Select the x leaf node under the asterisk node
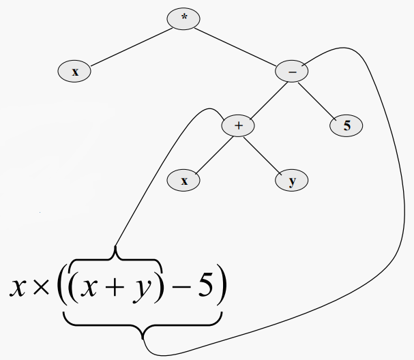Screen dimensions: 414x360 (x=75, y=71)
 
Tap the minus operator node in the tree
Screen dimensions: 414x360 (x=292, y=71)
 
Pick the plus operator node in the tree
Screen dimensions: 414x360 (x=238, y=126)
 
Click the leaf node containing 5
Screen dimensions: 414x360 (x=347, y=126)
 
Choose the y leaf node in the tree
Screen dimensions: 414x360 (x=292, y=181)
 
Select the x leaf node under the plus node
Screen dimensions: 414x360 (x=183, y=181)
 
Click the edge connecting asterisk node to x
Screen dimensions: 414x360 (x=130, y=45)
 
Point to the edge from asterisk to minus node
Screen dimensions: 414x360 (x=238, y=45)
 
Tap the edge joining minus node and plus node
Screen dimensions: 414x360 (x=265, y=98)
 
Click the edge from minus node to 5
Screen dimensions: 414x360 (x=319, y=98)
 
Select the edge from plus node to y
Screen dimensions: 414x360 (x=265, y=153)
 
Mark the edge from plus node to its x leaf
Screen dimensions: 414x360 (x=211, y=153)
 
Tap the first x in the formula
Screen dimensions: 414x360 (x=18, y=289)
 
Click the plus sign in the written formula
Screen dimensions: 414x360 (x=113, y=289)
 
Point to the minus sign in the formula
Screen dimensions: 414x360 (x=181, y=289)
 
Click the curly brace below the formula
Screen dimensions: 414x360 (x=143, y=326)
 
